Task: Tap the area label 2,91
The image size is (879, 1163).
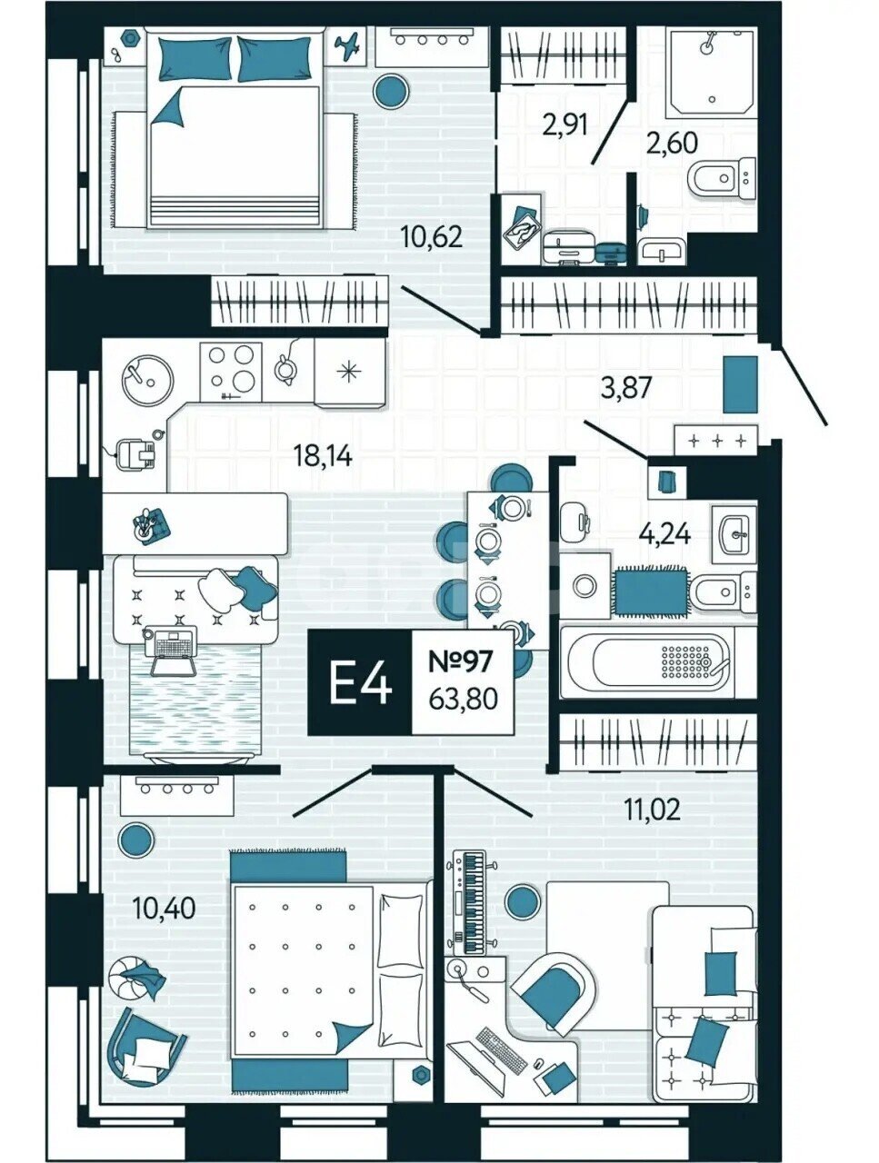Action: (x=566, y=126)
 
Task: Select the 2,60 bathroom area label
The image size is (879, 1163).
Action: (x=672, y=143)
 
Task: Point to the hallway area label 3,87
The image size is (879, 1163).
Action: (x=625, y=388)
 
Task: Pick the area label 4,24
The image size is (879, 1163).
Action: (x=665, y=533)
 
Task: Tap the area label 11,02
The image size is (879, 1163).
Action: (x=653, y=809)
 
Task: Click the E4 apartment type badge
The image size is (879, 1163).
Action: (x=360, y=683)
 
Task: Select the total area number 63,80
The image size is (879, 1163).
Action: (x=463, y=700)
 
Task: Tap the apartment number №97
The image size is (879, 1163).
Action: (x=461, y=661)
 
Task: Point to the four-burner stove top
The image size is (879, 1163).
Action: (x=231, y=371)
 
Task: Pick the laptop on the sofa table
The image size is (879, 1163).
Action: (x=173, y=651)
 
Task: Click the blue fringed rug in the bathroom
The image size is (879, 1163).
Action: (x=651, y=591)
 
